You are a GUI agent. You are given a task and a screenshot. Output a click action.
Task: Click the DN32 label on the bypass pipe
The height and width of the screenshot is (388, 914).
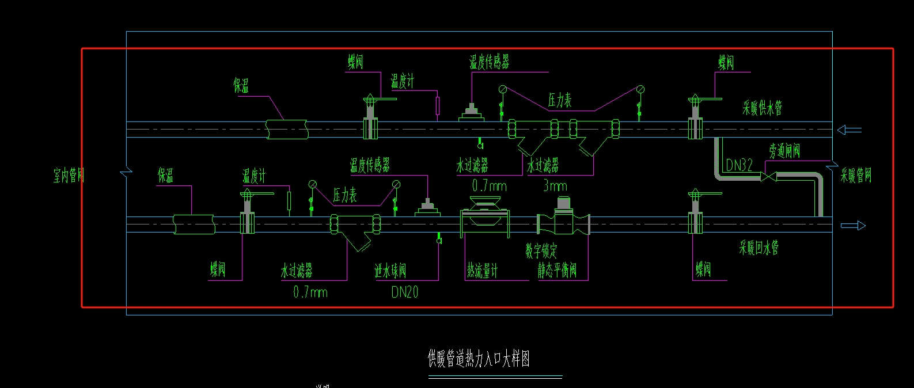739,166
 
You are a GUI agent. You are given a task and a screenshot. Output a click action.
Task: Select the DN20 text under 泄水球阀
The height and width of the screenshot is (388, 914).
404,292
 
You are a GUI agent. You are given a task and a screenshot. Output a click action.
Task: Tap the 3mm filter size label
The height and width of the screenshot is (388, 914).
555,186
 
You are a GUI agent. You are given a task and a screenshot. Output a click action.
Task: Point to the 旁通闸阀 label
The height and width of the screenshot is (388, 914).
784,151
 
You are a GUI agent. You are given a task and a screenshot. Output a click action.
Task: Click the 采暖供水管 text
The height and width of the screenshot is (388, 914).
762,108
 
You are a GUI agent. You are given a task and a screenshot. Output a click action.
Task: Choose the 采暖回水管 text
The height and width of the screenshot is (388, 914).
758,248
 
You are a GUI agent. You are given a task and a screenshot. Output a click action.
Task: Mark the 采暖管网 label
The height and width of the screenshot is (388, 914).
856,176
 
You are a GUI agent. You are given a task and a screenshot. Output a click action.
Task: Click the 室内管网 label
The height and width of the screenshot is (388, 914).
69,176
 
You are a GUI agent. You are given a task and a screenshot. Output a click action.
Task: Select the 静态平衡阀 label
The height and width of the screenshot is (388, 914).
557,270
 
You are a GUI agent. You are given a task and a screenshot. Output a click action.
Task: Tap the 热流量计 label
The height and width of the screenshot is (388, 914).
482,270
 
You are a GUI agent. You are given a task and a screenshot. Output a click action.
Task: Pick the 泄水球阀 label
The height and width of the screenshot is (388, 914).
390,270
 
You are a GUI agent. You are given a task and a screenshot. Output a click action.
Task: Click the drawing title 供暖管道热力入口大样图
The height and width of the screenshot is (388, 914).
479,359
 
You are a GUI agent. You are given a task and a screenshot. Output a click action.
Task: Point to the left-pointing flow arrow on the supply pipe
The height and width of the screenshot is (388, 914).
849,130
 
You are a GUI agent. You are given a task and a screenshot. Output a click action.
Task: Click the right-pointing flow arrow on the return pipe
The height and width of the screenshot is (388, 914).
853,226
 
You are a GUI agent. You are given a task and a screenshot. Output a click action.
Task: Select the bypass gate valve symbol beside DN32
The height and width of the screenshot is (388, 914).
768,176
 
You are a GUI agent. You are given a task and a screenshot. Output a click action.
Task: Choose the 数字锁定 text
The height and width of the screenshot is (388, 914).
541,251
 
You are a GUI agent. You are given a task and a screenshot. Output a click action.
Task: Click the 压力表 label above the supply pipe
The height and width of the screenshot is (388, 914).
559,101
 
